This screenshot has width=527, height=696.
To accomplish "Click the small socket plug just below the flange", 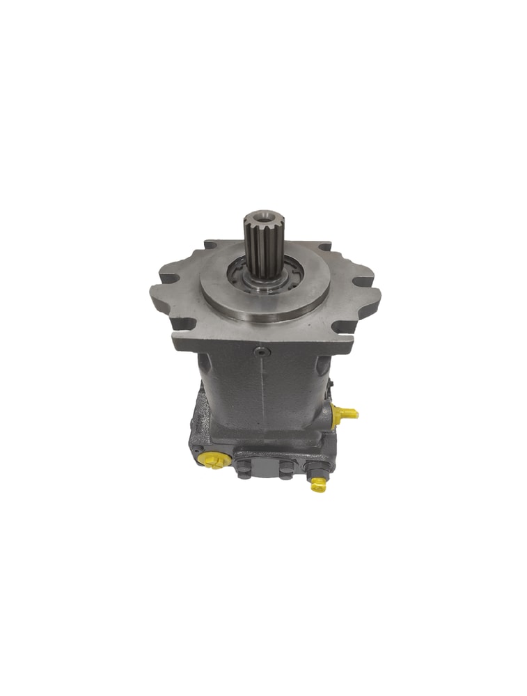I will pyautogui.click(x=262, y=352).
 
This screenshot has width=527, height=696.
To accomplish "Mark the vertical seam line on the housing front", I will pyautogui.click(x=262, y=397).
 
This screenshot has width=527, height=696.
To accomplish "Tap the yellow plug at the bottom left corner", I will pyautogui.click(x=210, y=460).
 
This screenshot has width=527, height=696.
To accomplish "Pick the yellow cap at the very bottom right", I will pyautogui.click(x=318, y=484).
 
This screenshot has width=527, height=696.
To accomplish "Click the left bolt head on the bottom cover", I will pyautogui.click(x=243, y=470).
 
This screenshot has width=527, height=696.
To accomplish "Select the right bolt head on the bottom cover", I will pyautogui.click(x=285, y=470).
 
